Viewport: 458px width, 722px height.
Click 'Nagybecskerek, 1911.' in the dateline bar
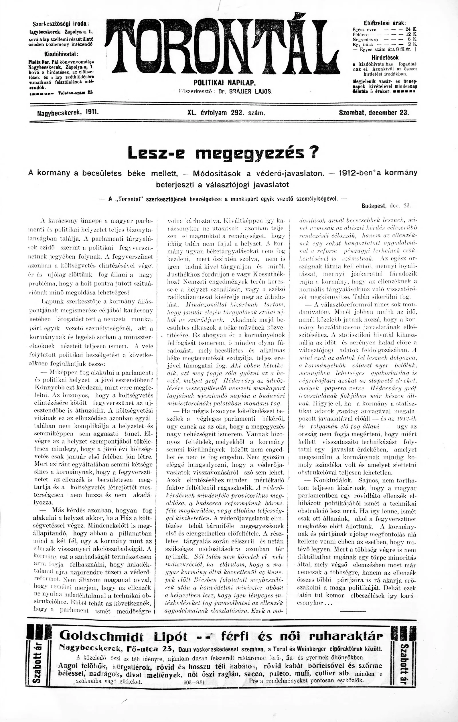click(68, 113)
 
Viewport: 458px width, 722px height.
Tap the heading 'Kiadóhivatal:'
click(61, 54)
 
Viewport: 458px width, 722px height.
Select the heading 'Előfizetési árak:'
click(385, 23)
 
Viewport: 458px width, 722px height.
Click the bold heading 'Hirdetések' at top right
click(385, 57)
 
